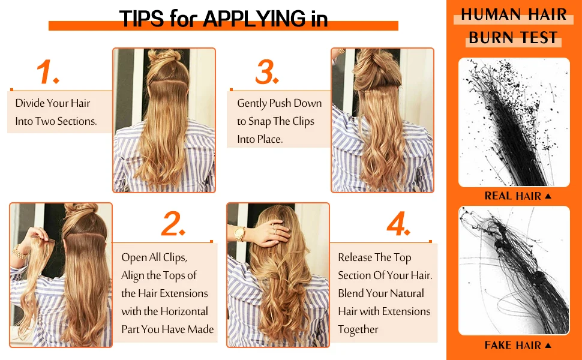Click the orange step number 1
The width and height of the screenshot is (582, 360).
pyautogui.click(x=47, y=72)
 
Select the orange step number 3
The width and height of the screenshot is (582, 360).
pyautogui.click(x=268, y=72)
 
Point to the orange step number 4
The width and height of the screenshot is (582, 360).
pyautogui.click(x=398, y=224)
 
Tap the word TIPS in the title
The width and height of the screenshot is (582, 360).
pyautogui.click(x=142, y=19)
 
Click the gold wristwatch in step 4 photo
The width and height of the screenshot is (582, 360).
pyautogui.click(x=240, y=233)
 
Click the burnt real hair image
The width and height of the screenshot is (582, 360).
pyautogui.click(x=514, y=122)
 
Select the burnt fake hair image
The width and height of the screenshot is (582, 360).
pyautogui.click(x=514, y=271)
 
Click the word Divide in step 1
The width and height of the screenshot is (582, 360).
pyautogui.click(x=29, y=103)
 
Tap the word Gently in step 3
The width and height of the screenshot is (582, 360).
pyautogui.click(x=252, y=103)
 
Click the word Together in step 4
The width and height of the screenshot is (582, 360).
pyautogui.click(x=358, y=329)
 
